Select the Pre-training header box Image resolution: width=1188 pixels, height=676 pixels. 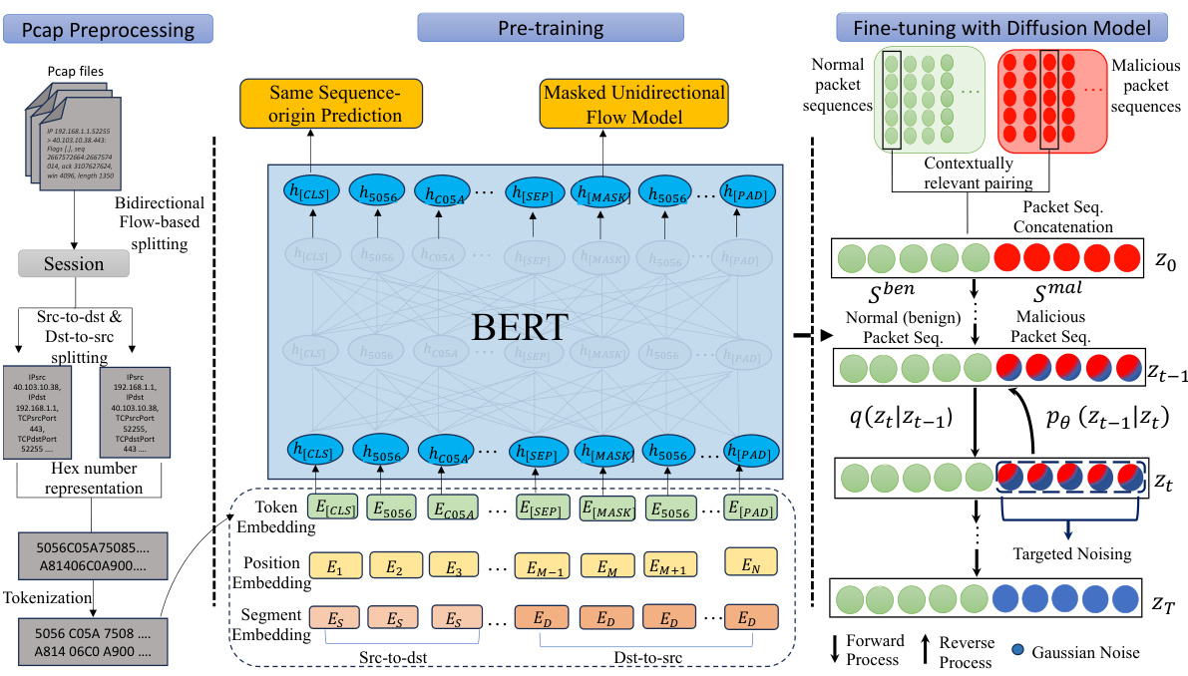coord(551,27)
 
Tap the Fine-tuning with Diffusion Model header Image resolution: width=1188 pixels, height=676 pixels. coord(1009,27)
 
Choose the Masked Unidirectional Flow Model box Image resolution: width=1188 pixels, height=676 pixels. coord(633,104)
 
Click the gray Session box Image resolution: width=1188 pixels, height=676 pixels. coord(75,264)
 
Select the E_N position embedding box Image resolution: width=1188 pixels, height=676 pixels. coord(751,565)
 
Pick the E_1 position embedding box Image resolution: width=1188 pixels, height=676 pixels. coord(335,567)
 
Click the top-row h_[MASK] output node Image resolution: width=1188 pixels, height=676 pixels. coord(602,193)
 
